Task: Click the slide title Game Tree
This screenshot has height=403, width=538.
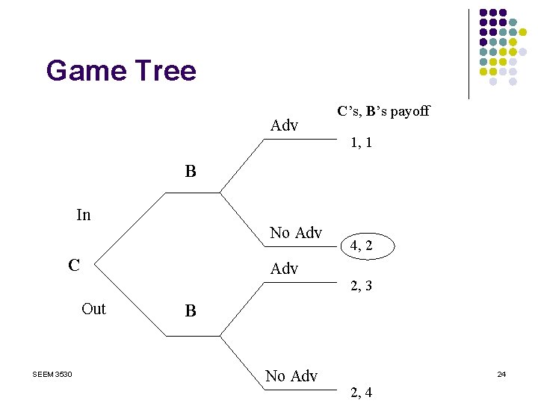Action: point(121,71)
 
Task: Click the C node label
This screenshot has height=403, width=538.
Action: point(74,265)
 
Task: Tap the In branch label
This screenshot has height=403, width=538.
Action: point(84,215)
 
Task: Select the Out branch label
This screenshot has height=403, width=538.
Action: point(93,309)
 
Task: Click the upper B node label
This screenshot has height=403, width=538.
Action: point(191,172)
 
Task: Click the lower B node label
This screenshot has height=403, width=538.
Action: point(191,310)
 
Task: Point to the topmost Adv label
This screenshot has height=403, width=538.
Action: point(284,125)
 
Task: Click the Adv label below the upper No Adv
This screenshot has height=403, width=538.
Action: point(284,269)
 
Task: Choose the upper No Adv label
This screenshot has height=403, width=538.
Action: point(295,233)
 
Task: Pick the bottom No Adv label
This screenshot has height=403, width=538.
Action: point(291,376)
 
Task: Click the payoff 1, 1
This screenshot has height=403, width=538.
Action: point(362,142)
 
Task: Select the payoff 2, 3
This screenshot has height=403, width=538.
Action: point(362,285)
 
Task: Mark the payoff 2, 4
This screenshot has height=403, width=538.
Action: point(362,393)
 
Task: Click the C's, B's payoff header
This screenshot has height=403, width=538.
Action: point(383,111)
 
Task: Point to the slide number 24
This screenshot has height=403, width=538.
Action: point(501,373)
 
